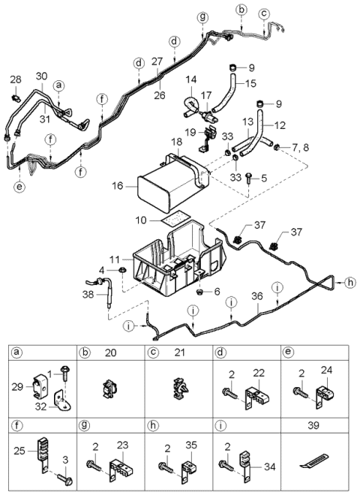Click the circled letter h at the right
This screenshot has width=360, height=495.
[x=349, y=282]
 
